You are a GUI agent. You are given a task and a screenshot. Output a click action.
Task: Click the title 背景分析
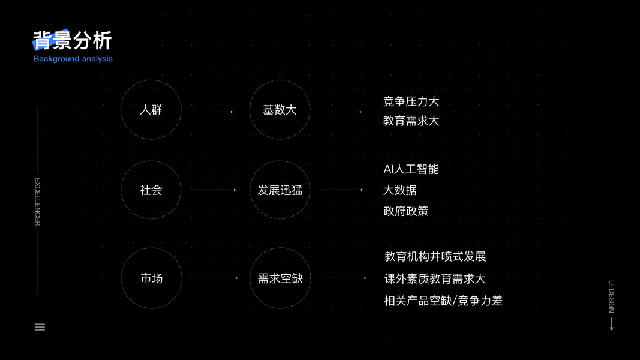point(73,41)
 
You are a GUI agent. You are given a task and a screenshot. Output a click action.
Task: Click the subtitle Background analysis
point(73,59)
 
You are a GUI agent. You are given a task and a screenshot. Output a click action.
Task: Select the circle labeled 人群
point(151,110)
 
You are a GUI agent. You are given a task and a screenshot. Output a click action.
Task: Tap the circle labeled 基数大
point(280,110)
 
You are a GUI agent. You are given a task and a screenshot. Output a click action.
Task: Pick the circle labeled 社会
point(151,190)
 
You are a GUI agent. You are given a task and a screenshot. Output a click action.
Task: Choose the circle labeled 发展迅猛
point(280,190)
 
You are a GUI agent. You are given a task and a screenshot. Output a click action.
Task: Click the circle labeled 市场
point(151,278)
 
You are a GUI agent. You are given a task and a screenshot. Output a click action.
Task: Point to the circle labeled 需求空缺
point(280,278)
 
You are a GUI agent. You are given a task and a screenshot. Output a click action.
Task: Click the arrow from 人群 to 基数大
point(213,112)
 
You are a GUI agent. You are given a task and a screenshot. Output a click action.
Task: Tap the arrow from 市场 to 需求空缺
point(215,278)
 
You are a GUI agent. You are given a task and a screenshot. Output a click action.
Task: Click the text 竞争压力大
point(411,101)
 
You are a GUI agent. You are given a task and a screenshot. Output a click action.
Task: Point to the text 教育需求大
point(411,121)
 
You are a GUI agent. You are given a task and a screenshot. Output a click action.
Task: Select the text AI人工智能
point(411,169)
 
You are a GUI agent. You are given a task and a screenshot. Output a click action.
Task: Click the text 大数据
point(400,190)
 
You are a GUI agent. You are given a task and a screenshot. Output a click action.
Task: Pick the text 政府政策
point(406,211)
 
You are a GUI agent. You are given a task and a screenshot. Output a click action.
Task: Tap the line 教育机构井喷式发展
point(435,257)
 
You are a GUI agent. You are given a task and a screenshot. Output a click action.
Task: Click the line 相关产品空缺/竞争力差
point(443,301)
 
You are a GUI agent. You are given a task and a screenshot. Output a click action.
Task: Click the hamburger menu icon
point(40,327)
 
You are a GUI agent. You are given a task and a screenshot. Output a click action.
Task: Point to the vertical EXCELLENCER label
point(37,202)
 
